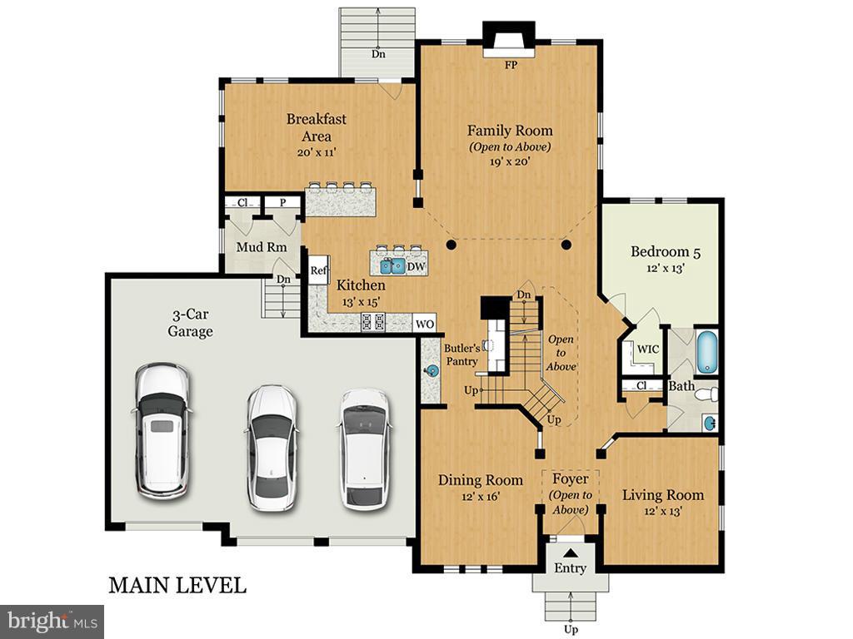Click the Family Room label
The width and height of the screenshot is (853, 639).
tap(509, 131)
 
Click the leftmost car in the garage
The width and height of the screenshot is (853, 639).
tap(162, 430)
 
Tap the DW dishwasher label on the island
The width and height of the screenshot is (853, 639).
tap(416, 265)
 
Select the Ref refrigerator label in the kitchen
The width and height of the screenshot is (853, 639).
tap(318, 270)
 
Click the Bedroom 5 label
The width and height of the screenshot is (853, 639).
tap(660, 251)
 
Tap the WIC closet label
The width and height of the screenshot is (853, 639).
tap(647, 349)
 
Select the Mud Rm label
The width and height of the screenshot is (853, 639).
tap(261, 247)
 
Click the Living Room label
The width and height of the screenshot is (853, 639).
tap(663, 495)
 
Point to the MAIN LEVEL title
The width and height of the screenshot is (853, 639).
tap(177, 585)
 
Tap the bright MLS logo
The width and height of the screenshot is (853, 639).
tap(52, 621)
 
